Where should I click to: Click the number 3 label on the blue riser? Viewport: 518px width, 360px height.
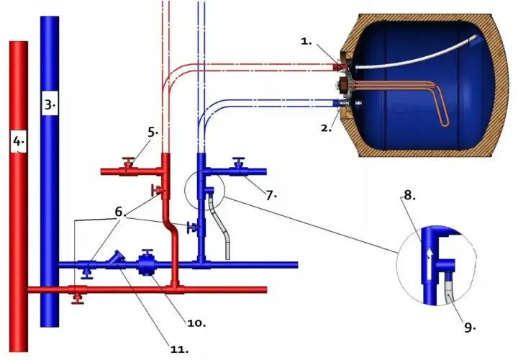click(50, 105)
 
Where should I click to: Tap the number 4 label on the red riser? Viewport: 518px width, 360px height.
click(19, 142)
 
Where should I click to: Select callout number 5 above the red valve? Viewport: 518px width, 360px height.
click(153, 132)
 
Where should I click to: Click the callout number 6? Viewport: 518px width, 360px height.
click(120, 212)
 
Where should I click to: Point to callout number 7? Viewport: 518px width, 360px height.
click(271, 195)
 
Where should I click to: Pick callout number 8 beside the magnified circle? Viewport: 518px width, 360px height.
click(409, 195)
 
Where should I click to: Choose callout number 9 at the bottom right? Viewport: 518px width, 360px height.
click(470, 328)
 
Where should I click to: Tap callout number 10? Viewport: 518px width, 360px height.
click(196, 323)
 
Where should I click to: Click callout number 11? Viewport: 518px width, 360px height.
click(179, 349)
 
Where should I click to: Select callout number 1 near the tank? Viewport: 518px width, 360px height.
click(306, 41)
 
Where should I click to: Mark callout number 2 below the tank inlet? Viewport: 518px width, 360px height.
click(326, 128)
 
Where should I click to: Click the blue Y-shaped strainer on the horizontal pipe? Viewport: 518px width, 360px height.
click(116, 259)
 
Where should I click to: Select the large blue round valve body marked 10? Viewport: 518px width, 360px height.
click(147, 264)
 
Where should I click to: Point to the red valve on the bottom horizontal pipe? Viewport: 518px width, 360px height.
click(78, 292)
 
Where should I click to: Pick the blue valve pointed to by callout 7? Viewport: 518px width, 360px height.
click(239, 168)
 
